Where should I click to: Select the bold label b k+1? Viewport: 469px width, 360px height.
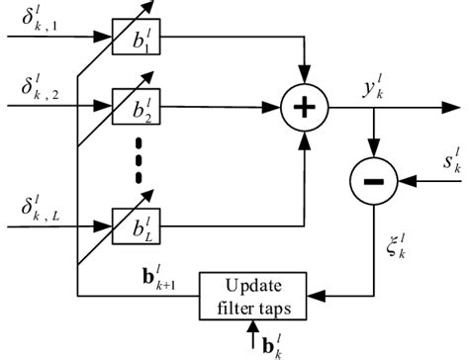tap(159, 278)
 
